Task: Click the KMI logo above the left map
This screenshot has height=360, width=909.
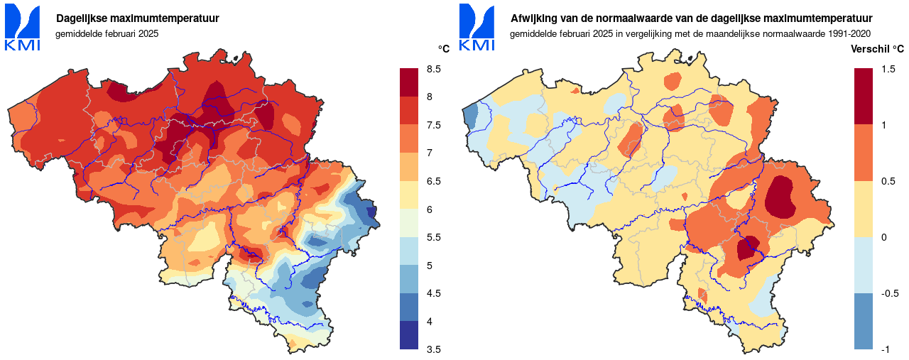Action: click(23, 28)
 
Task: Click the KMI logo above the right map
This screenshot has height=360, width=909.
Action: click(477, 28)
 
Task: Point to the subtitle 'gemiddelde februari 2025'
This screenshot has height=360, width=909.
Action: click(107, 33)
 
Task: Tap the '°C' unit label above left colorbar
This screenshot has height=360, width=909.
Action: click(443, 49)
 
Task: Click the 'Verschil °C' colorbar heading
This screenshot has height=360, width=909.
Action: click(877, 49)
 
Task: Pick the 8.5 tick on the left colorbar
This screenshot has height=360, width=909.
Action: click(433, 69)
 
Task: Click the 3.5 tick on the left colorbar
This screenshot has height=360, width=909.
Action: click(433, 349)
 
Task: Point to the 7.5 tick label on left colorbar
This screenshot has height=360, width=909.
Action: click(433, 125)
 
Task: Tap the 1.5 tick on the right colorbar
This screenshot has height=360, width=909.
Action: click(888, 69)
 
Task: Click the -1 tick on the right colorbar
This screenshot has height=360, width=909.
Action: click(885, 349)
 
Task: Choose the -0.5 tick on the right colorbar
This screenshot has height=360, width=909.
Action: click(889, 293)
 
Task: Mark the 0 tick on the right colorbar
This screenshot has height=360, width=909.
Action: click(883, 237)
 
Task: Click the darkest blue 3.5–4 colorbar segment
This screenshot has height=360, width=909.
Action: click(409, 335)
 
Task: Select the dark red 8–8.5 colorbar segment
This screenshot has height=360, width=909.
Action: click(409, 82)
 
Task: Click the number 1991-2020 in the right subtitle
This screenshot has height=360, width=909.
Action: click(849, 33)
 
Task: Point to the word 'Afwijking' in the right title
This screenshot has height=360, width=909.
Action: click(535, 18)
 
